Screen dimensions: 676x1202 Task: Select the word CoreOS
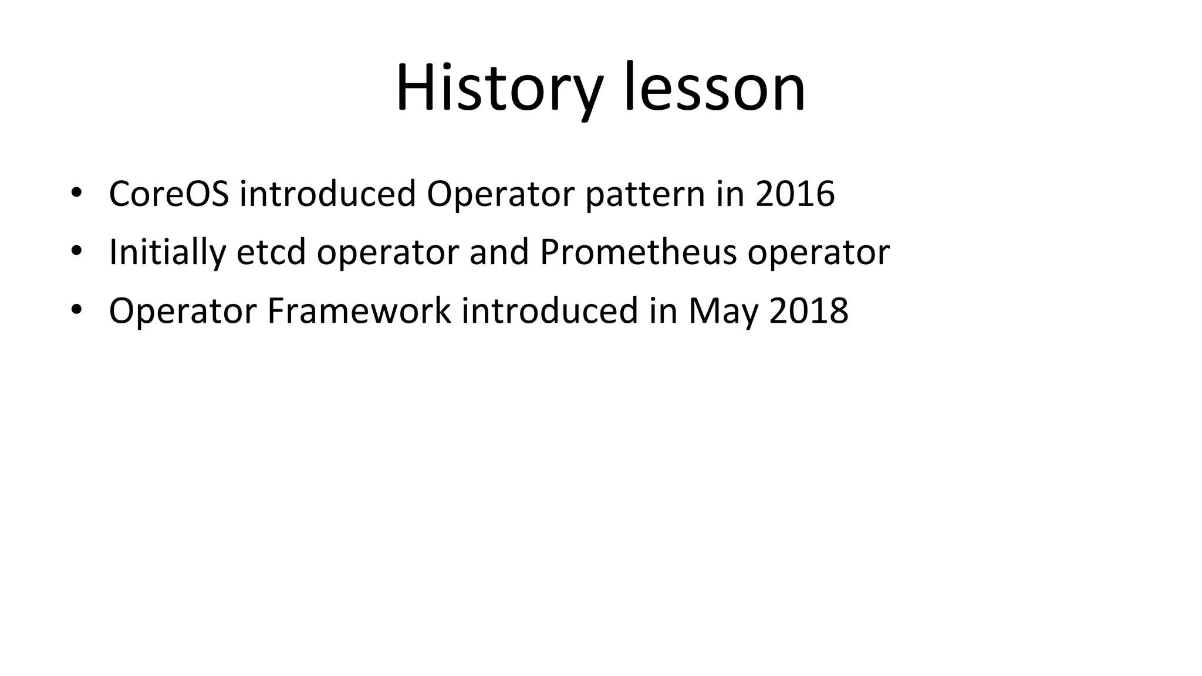[169, 194]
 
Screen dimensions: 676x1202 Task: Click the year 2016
[795, 194]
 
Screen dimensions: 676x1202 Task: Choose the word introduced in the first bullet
[327, 194]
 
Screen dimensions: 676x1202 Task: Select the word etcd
[271, 252]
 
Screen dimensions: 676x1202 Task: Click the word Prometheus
[638, 252]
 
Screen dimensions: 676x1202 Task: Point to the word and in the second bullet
[499, 252]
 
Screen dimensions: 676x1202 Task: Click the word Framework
[359, 311]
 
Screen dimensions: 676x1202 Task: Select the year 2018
[809, 311]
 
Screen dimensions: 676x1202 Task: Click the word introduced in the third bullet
[550, 311]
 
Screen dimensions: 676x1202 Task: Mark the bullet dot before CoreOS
[76, 195]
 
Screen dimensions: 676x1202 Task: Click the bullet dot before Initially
[76, 253]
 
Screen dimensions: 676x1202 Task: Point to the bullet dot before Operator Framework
[76, 311]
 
